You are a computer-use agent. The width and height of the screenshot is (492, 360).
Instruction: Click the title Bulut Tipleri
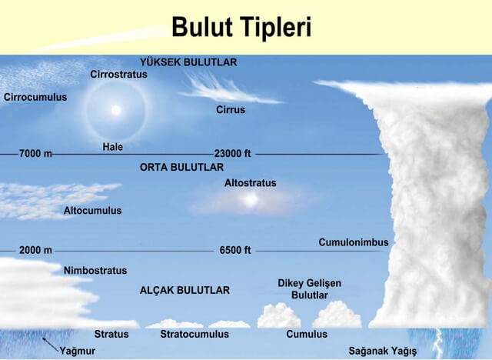pyautogui.click(x=241, y=27)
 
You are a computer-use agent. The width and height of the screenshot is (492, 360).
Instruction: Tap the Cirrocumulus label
pyautogui.click(x=35, y=98)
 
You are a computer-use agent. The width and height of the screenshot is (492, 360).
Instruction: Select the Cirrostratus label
pyautogui.click(x=118, y=75)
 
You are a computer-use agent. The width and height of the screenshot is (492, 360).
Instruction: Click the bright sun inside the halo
pyautogui.click(x=116, y=110)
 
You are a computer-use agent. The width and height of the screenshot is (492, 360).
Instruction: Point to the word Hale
pyautogui.click(x=112, y=147)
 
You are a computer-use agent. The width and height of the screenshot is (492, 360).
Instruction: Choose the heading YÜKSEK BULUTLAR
pyautogui.click(x=188, y=62)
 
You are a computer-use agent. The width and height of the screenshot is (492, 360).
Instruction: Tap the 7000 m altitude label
pyautogui.click(x=35, y=154)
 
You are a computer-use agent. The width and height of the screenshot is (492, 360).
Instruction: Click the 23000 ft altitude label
pyautogui.click(x=233, y=154)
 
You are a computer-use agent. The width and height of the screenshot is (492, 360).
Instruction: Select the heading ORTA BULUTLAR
pyautogui.click(x=181, y=167)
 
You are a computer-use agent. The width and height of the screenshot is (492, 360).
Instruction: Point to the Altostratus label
pyautogui.click(x=250, y=183)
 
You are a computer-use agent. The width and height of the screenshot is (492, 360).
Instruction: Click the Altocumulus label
pyautogui.click(x=92, y=210)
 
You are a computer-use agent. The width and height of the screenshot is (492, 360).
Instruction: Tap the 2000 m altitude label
pyautogui.click(x=35, y=251)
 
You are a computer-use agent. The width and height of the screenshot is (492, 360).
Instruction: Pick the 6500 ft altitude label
pyautogui.click(x=235, y=251)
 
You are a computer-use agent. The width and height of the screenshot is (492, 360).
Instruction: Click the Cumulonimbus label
pyautogui.click(x=354, y=242)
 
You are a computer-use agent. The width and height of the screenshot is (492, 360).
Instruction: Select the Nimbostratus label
pyautogui.click(x=95, y=271)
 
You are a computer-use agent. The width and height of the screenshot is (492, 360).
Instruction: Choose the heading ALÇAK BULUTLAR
pyautogui.click(x=184, y=291)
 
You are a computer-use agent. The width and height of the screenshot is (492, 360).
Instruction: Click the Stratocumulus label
pyautogui.click(x=194, y=335)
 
